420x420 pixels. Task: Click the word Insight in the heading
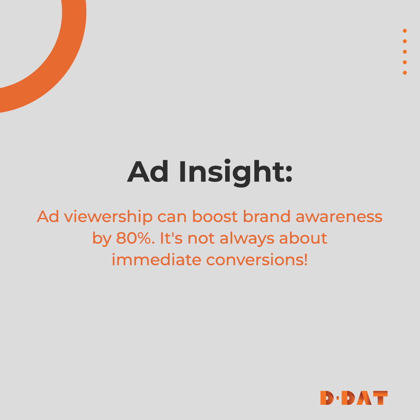235,172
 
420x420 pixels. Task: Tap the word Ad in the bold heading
148,171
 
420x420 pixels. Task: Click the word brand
266,217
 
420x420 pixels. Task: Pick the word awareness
339,217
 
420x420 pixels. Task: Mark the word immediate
156,259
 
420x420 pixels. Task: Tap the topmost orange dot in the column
405,31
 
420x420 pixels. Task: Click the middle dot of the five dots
405,52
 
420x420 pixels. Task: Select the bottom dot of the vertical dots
405,73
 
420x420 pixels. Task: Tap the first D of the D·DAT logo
327,398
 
